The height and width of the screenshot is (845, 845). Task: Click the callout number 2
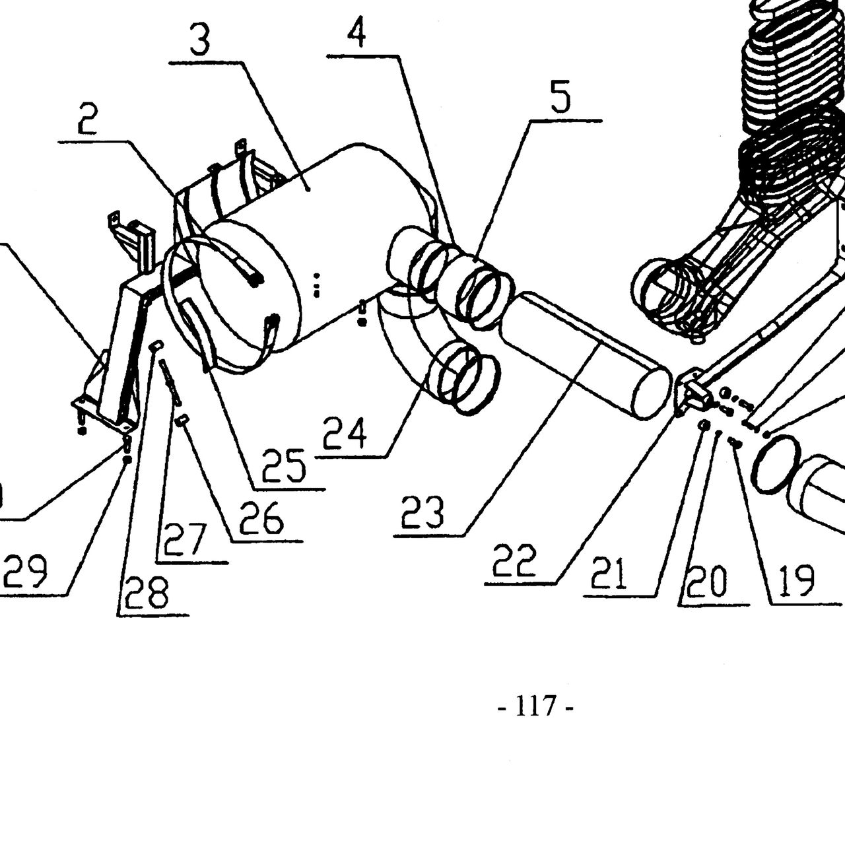point(88,118)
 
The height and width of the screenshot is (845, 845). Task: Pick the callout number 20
point(706,582)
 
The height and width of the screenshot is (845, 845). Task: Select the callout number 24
point(345,433)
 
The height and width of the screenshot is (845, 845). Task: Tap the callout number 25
point(283,465)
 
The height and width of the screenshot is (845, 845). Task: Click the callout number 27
point(185,539)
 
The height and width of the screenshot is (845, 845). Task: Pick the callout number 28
point(146,591)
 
